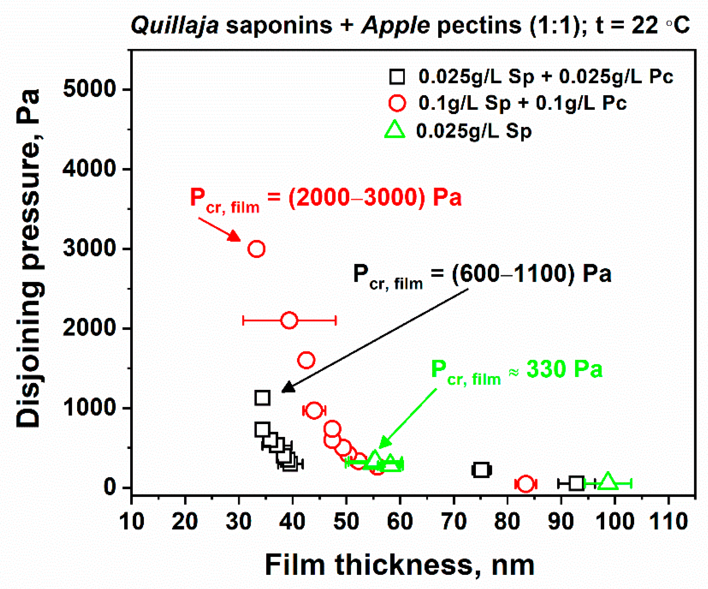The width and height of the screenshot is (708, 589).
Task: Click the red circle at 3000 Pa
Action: (x=256, y=249)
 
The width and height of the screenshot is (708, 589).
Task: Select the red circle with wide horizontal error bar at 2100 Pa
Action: (x=289, y=320)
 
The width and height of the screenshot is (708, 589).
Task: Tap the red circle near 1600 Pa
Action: (x=306, y=360)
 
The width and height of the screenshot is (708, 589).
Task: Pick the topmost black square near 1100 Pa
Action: (x=262, y=398)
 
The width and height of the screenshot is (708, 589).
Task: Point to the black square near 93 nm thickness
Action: (x=577, y=483)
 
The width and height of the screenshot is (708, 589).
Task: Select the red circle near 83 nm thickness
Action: (x=525, y=484)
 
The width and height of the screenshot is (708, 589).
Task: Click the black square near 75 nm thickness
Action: (x=481, y=470)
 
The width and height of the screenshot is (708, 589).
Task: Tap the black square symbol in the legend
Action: (x=397, y=76)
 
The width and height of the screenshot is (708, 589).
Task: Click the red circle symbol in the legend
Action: (x=397, y=103)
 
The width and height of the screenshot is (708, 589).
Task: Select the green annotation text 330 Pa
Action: (x=564, y=369)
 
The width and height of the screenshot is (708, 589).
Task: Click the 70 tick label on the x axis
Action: (x=454, y=521)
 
